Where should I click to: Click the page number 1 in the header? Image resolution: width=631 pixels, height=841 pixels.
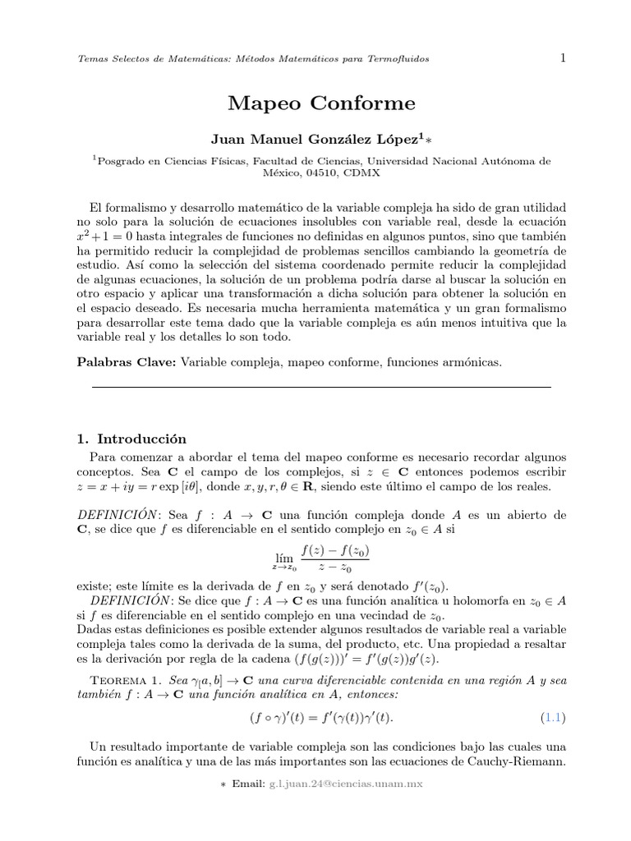click(x=563, y=57)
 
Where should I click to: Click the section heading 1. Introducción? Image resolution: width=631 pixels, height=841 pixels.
click(x=131, y=439)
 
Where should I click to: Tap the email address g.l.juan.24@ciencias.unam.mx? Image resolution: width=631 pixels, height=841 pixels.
click(x=345, y=784)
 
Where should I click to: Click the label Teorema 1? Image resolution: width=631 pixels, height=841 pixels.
click(x=124, y=681)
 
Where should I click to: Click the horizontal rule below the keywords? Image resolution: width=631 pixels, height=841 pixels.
click(x=321, y=386)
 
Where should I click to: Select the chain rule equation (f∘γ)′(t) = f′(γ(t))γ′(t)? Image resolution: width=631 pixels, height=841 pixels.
click(x=321, y=719)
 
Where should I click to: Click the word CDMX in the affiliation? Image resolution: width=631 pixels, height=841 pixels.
click(x=362, y=174)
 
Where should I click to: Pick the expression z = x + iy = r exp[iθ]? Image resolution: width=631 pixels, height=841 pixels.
click(x=147, y=487)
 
